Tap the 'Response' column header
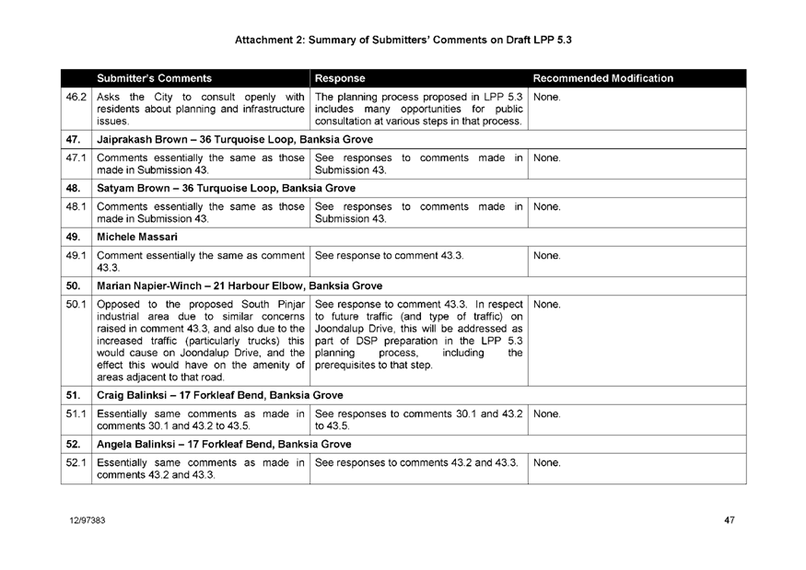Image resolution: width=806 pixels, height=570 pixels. click(x=340, y=78)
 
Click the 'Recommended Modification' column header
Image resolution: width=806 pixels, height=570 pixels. click(x=603, y=78)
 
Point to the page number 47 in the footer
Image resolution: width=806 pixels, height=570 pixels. click(x=729, y=521)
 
